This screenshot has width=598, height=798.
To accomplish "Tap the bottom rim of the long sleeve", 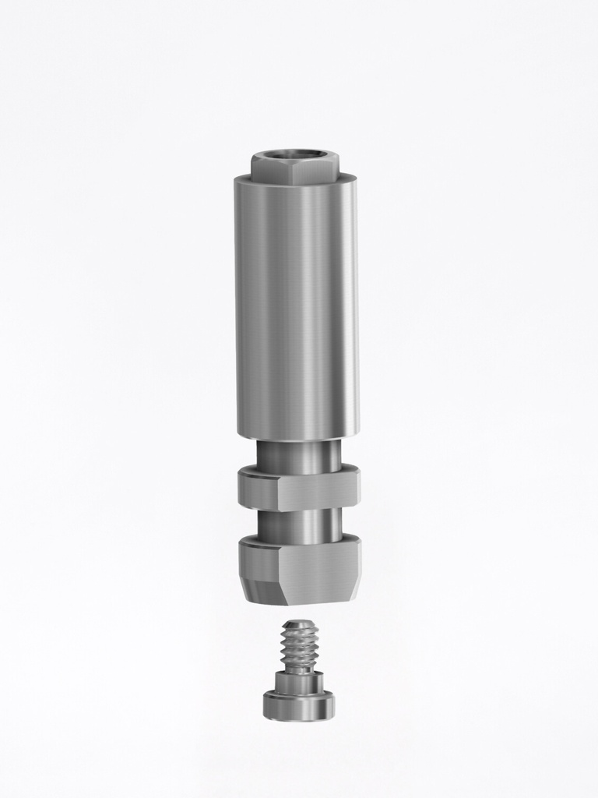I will coord(297,438).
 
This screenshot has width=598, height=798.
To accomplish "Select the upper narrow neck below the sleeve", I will coord(298,454).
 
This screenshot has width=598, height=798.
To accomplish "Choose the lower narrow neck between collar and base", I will coord(298,526).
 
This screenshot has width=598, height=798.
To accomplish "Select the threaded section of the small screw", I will coord(299,647).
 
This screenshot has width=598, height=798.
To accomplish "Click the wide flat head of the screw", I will coord(298,707).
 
